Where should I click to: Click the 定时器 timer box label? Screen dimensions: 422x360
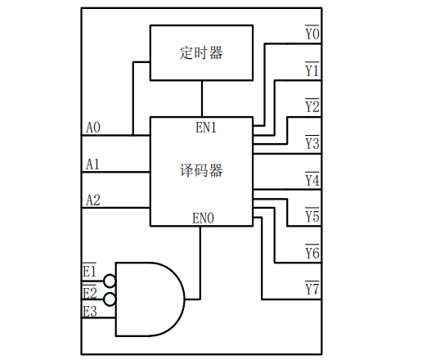tap(201, 53)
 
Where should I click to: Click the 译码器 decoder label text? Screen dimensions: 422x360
tap(201, 171)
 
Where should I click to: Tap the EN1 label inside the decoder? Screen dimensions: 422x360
tap(206, 128)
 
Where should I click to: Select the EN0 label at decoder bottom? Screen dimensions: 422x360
tap(203, 218)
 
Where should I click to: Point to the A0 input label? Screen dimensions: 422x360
tap(93, 128)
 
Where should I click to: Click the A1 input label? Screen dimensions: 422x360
tap(92, 164)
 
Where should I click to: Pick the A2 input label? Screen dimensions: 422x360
tap(93, 200)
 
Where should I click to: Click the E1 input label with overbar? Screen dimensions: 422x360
tap(89, 270)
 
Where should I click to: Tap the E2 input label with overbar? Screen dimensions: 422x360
tap(90, 292)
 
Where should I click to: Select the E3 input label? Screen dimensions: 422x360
tap(90, 311)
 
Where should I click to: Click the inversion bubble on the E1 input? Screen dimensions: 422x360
tap(110, 281)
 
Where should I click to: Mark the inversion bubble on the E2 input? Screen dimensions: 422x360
tap(110, 299)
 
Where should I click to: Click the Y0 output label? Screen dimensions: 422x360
tap(312, 33)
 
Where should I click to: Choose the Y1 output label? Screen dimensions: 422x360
tap(312, 70)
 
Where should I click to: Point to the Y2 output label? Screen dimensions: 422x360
tap(312, 106)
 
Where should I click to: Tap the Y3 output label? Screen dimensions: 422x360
tap(312, 142)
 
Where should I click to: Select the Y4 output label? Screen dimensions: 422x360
tap(312, 179)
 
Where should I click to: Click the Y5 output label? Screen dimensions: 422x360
tap(312, 215)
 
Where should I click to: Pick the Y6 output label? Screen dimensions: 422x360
tap(312, 252)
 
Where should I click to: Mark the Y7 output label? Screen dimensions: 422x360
tap(312, 288)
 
